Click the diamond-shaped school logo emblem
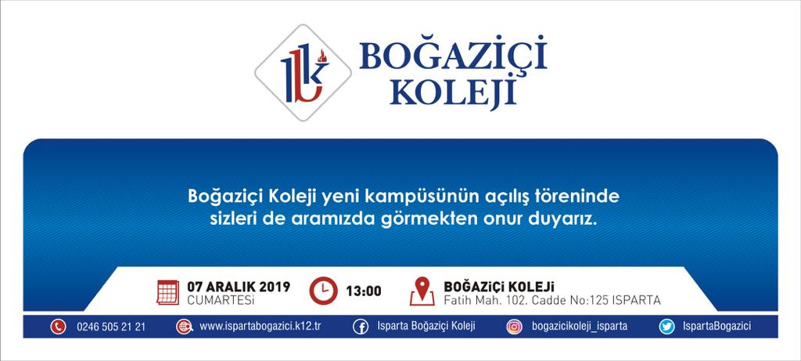(x=303, y=73)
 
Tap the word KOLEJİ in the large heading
(x=453, y=92)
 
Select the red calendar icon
(x=167, y=293)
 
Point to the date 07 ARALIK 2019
(x=239, y=287)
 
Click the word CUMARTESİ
(x=221, y=300)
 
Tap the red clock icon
(x=323, y=291)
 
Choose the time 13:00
(x=364, y=291)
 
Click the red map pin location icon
(x=422, y=291)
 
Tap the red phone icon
(x=58, y=327)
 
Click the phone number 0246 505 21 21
(x=111, y=327)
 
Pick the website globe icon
(x=184, y=327)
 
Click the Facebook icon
(x=361, y=327)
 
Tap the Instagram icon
(x=515, y=327)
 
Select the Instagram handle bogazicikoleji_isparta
(x=580, y=327)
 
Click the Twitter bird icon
(x=666, y=327)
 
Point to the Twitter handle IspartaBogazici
(x=717, y=327)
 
